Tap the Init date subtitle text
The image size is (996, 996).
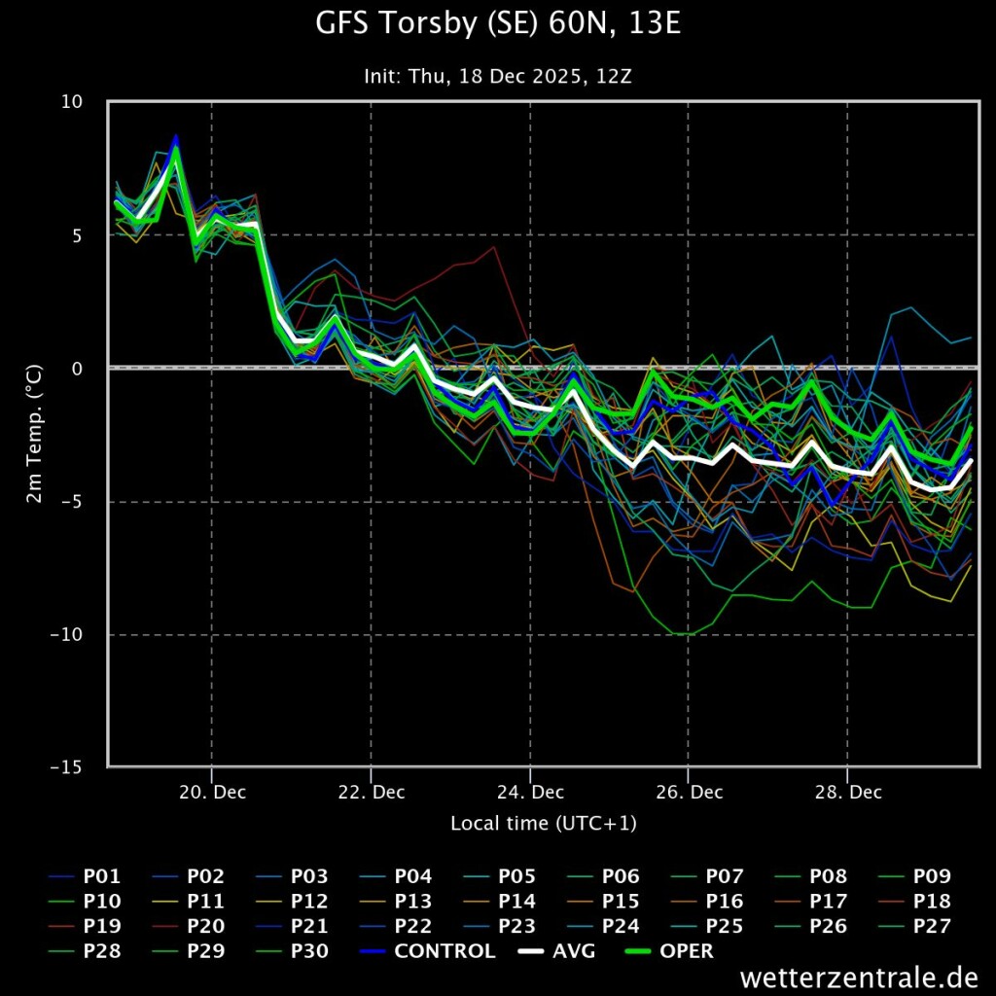pos(498,75)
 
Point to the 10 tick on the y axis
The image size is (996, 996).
pos(72,102)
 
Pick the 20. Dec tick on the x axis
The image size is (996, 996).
pos(213,792)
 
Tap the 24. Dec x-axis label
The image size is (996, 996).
pos(530,792)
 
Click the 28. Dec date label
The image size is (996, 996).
pos(847,792)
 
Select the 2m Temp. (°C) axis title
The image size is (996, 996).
pos(33,435)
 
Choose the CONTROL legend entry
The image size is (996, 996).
pos(445,951)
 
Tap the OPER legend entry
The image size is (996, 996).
pos(687,951)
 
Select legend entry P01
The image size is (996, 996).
pos(102,876)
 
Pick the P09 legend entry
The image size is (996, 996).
pos(932,876)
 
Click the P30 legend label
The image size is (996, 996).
pos(309,951)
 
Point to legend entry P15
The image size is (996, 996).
pos(621,902)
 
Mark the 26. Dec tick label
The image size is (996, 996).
pos(689,792)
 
